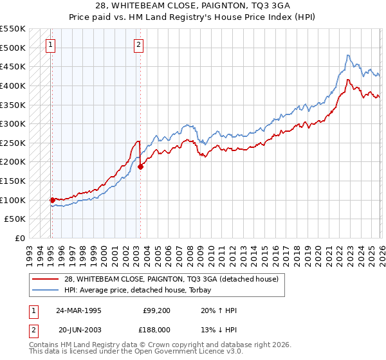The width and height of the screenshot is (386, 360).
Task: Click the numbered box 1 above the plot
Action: click(51, 44)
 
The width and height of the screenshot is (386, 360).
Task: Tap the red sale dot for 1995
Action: click(52, 200)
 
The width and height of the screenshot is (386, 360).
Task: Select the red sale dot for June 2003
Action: click(140, 166)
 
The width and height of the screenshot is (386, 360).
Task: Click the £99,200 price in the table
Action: click(157, 310)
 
